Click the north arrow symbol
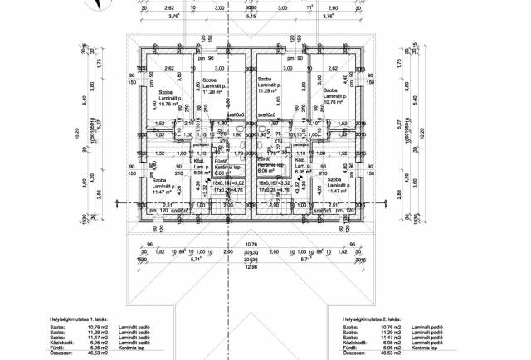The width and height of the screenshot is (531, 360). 99,5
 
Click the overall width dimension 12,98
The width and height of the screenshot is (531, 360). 250,266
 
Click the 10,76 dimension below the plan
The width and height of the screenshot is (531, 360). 250,243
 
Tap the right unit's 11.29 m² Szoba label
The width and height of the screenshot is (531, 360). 272,85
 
